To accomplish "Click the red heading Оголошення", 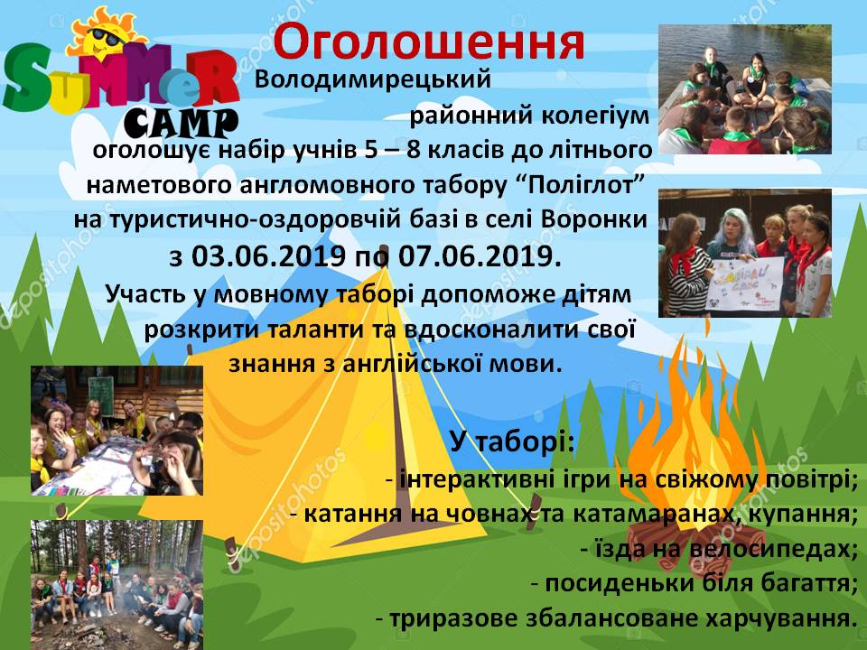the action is pyautogui.click(x=428, y=43).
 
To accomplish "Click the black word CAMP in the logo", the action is pyautogui.click(x=181, y=123).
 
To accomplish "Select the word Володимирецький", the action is pyautogui.click(x=373, y=79).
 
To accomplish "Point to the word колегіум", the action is pyautogui.click(x=594, y=116).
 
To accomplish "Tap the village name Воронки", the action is pyautogui.click(x=594, y=219).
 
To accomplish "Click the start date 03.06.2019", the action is pyautogui.click(x=268, y=255).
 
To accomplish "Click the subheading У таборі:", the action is pyautogui.click(x=512, y=441).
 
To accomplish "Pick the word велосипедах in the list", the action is pyautogui.click(x=769, y=549).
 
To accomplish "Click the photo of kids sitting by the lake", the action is pyautogui.click(x=745, y=89).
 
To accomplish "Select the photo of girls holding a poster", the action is pyautogui.click(x=745, y=253).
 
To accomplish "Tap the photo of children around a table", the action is pyautogui.click(x=117, y=431).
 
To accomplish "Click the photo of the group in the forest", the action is pyautogui.click(x=117, y=585).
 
